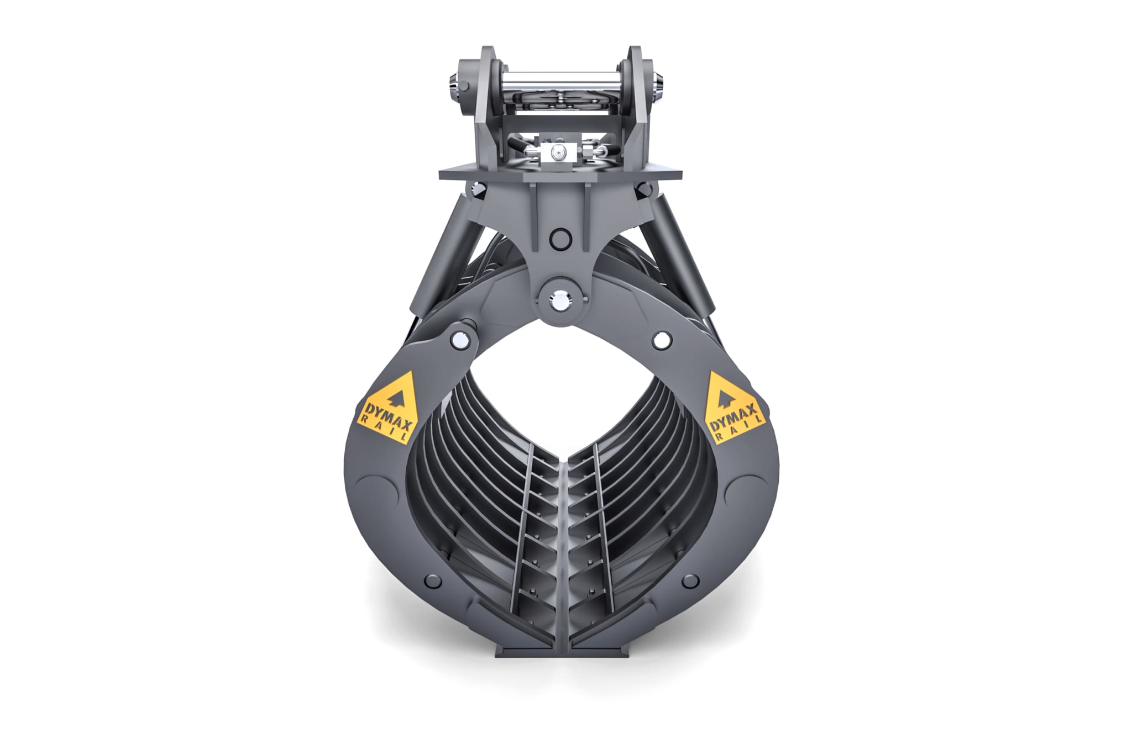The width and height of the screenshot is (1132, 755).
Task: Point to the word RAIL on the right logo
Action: point(743,429)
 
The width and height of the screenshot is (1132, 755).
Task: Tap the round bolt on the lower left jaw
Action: point(433,581)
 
